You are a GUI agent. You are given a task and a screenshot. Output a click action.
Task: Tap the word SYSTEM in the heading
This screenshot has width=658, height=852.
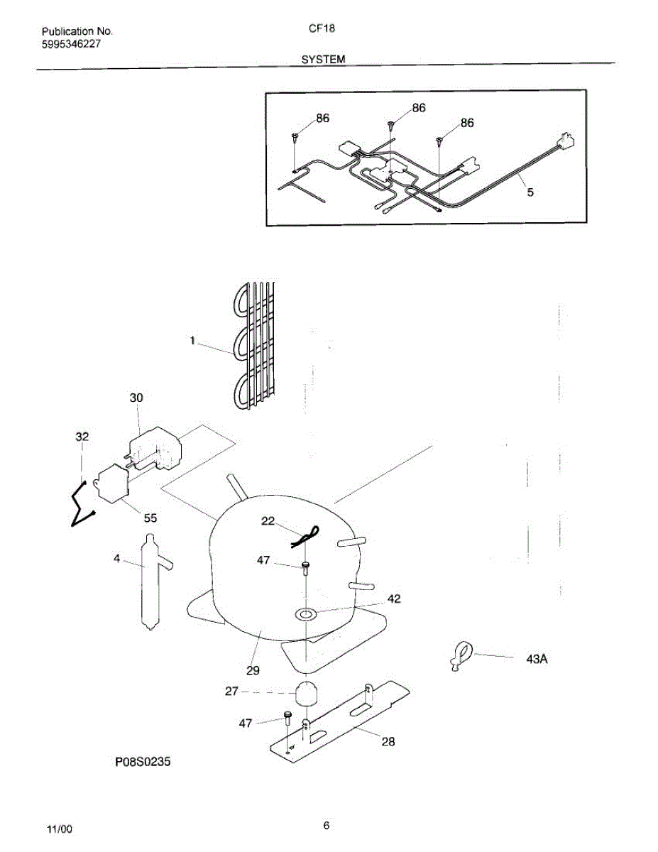(323, 60)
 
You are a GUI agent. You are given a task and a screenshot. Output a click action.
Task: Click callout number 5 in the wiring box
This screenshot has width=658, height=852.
(530, 191)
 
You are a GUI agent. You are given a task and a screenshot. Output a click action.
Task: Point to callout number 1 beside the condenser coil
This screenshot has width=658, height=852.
(192, 342)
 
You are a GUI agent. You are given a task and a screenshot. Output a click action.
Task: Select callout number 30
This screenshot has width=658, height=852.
(136, 398)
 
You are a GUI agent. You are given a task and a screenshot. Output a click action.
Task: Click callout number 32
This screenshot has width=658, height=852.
(82, 437)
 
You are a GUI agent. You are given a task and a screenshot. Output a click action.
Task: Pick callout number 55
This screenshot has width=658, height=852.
(150, 518)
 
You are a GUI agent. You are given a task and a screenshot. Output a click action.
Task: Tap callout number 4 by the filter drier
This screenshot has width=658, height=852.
(117, 559)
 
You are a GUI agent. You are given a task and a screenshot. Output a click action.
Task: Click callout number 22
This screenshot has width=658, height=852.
(268, 521)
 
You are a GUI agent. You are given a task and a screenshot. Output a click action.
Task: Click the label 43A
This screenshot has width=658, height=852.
(537, 659)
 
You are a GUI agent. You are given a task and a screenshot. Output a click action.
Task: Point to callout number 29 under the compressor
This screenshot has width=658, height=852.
(253, 670)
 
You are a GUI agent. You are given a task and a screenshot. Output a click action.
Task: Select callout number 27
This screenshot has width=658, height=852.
(232, 691)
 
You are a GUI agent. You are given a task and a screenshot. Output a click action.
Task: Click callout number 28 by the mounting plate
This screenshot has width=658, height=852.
(388, 742)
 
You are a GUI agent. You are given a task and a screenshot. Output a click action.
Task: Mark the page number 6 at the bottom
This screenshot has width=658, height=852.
(326, 825)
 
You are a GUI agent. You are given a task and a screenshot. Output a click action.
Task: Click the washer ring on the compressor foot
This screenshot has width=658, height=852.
(307, 613)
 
